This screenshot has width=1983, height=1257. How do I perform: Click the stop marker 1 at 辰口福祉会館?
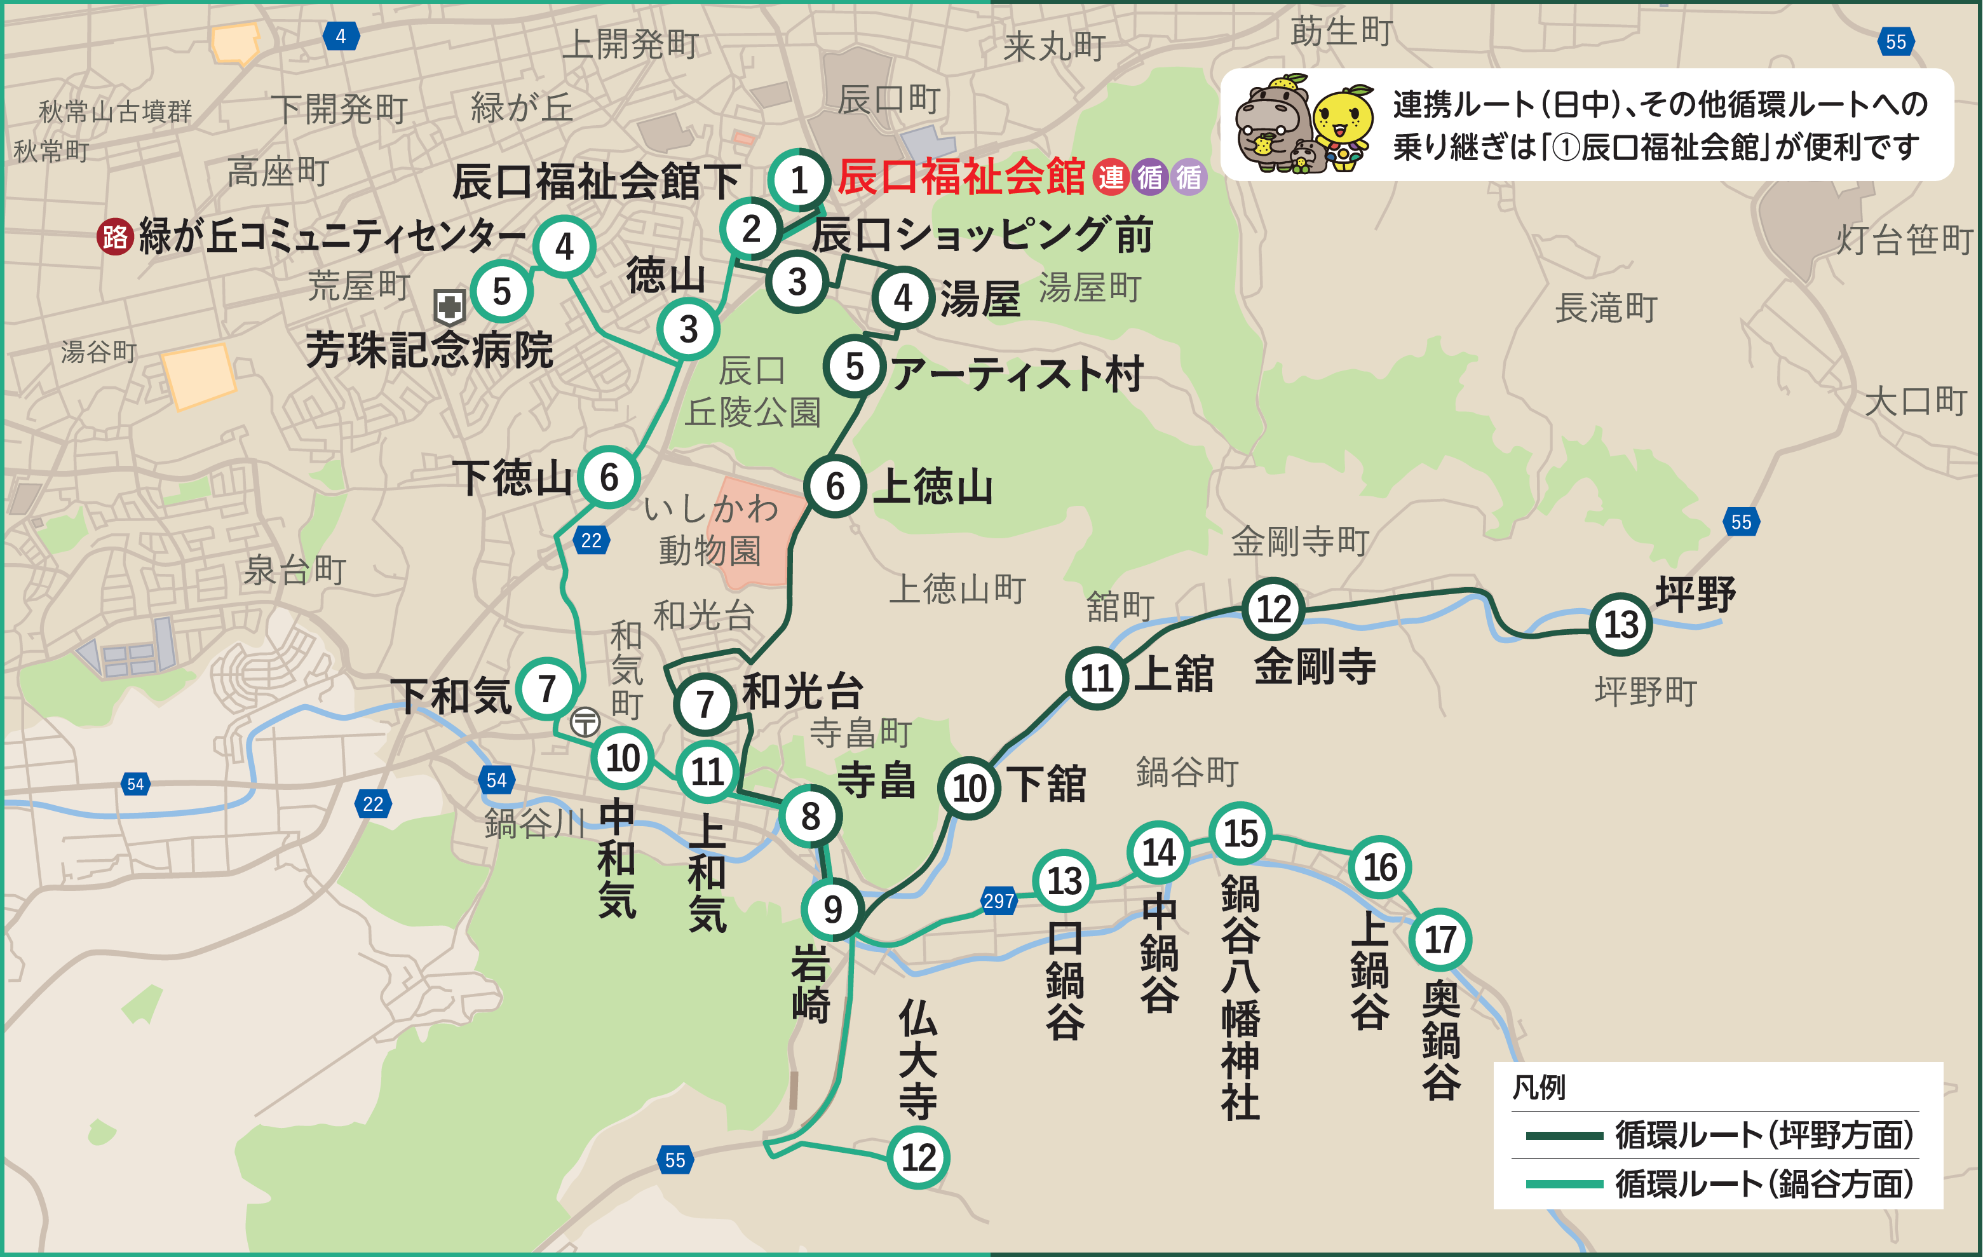798,180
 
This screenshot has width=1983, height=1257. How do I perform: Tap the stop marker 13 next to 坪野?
1621,625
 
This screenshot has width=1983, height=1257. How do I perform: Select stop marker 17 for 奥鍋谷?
1440,939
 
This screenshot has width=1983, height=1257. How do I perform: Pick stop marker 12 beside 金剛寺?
1273,609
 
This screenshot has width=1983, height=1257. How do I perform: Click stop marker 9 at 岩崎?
832,909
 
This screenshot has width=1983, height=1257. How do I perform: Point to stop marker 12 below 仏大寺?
918,1157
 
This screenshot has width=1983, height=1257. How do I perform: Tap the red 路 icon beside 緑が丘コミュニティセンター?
115,237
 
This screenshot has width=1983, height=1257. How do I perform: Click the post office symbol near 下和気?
586,723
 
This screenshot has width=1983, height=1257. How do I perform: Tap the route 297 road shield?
998,901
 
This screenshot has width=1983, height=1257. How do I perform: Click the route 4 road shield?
340,36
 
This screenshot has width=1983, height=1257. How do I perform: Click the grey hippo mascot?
1272,123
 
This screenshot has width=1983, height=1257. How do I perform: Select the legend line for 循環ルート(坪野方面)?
1563,1136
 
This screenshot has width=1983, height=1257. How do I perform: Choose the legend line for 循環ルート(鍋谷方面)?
1563,1185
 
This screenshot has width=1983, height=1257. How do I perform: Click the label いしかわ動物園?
710,529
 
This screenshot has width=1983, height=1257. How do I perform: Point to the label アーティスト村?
1017,374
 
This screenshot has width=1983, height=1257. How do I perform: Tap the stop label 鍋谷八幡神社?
1240,996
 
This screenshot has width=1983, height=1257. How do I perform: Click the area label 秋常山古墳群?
115,111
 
